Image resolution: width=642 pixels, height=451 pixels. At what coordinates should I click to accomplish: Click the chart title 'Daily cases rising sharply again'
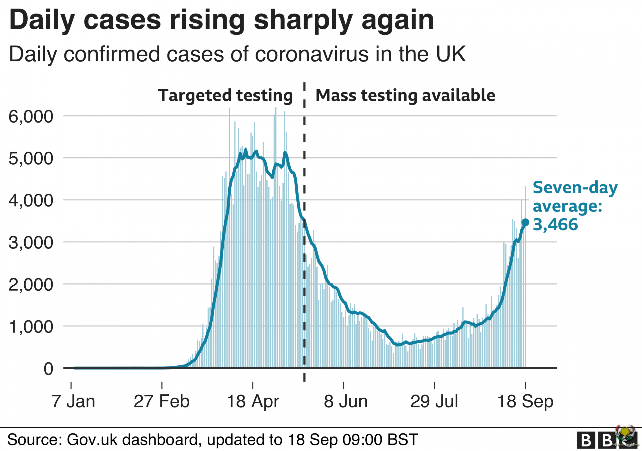[221, 20]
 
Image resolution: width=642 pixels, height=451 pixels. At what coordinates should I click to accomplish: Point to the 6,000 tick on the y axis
[31, 117]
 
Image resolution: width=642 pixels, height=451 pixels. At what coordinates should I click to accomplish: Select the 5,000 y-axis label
[31, 158]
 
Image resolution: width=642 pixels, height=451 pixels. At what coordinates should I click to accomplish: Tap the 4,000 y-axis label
[31, 201]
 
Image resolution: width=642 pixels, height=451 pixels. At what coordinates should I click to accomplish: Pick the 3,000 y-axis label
[31, 243]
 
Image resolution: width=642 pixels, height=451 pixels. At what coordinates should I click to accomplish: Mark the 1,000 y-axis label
[31, 327]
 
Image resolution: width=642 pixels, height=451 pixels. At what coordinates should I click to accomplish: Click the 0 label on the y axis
[48, 369]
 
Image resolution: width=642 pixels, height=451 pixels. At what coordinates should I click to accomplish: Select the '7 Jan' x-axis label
[73, 402]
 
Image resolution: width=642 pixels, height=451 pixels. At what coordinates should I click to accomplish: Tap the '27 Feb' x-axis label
[162, 402]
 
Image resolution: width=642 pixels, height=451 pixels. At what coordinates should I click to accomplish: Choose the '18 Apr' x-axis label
[253, 402]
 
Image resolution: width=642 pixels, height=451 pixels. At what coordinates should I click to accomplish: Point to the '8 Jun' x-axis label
[346, 402]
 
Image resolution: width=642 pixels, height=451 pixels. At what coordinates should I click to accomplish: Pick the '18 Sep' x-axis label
[525, 402]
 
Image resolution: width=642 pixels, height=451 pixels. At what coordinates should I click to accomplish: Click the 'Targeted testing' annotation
[225, 95]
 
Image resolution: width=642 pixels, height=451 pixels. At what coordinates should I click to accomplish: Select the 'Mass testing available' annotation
[405, 95]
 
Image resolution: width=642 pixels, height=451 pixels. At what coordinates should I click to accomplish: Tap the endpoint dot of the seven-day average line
[525, 222]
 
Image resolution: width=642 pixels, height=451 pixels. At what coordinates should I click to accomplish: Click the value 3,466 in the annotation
[555, 224]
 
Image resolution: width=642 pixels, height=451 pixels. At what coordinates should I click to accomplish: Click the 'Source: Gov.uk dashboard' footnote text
[212, 439]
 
